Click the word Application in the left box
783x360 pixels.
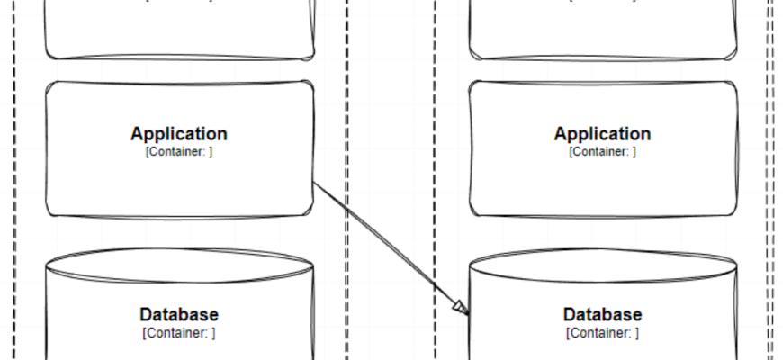[x=179, y=134]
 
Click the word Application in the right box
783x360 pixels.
[x=602, y=134]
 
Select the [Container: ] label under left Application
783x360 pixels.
[x=179, y=152]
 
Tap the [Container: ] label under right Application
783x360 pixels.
[x=602, y=152]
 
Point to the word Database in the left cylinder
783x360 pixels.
[x=179, y=315]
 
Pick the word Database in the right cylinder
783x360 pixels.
[x=602, y=315]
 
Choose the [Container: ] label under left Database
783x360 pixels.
[x=179, y=333]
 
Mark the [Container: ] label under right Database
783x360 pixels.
[x=602, y=333]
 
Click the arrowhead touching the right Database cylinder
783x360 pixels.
[x=461, y=309]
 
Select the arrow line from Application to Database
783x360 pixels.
[x=387, y=246]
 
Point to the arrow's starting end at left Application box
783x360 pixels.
[x=315, y=184]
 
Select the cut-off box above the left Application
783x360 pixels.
[x=179, y=31]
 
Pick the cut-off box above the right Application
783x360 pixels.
[x=602, y=31]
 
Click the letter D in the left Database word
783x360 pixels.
[x=146, y=315]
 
